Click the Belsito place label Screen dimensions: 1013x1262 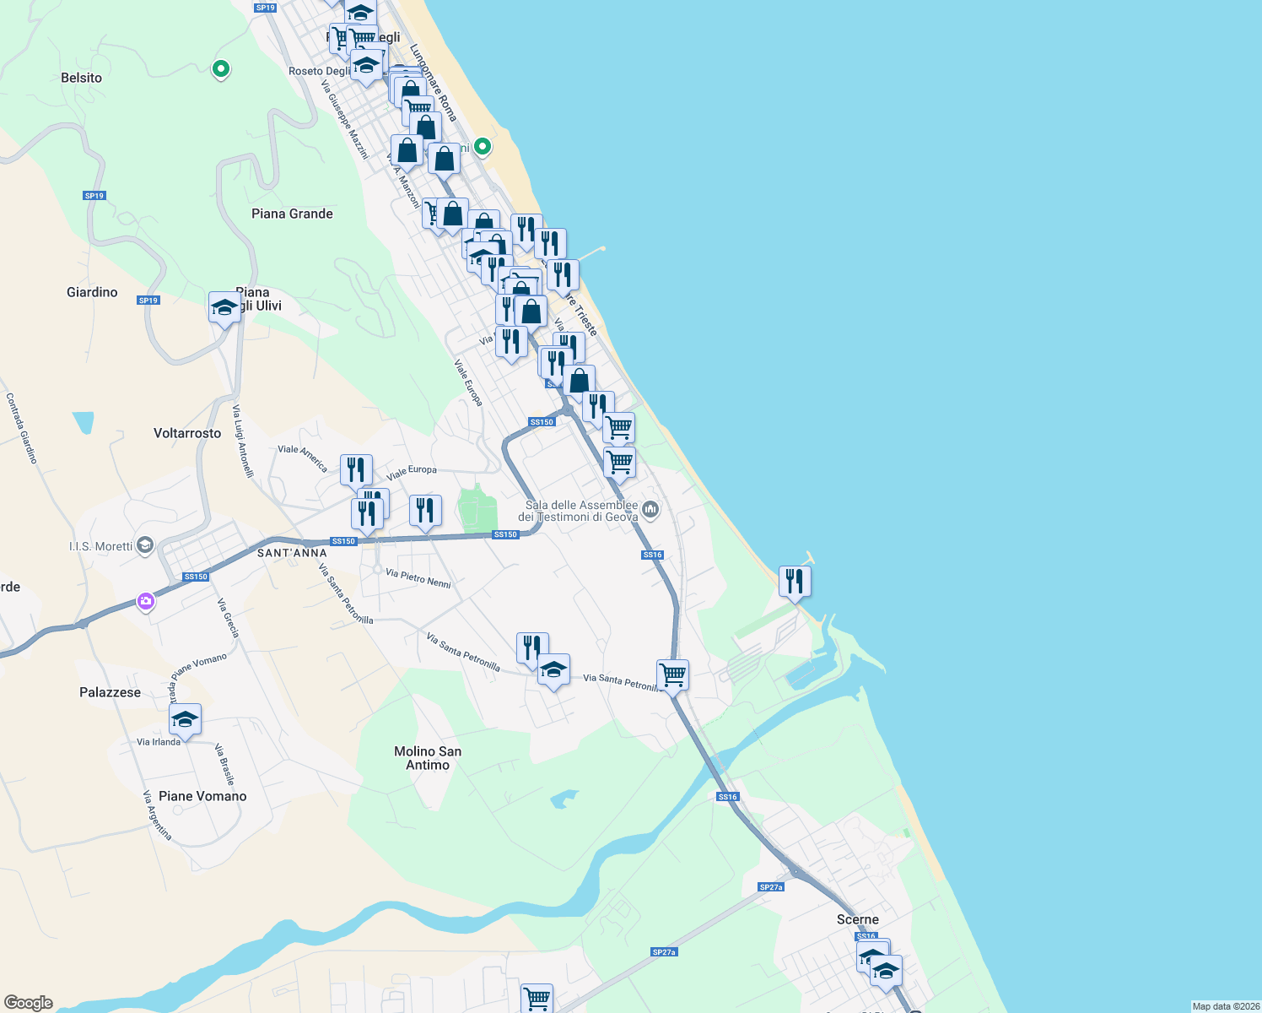click(82, 78)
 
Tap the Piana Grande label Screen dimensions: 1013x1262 click(292, 214)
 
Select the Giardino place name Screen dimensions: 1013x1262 click(92, 292)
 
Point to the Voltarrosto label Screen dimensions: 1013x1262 click(187, 433)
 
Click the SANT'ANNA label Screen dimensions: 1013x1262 click(292, 553)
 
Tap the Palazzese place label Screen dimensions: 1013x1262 click(111, 692)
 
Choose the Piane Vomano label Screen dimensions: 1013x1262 click(202, 796)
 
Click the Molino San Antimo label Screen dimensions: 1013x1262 click(428, 758)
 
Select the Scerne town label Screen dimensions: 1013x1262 click(858, 919)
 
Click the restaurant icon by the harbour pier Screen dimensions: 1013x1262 click(795, 582)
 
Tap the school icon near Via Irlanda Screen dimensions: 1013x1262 click(185, 719)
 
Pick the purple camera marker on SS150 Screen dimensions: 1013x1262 click(147, 601)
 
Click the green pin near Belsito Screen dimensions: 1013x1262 click(221, 68)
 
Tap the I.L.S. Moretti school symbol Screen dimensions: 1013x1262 click(145, 545)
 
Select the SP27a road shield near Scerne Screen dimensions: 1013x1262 click(771, 887)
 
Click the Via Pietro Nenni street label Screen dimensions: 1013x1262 click(418, 578)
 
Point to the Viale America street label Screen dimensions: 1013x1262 click(303, 458)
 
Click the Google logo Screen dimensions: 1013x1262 click(29, 1003)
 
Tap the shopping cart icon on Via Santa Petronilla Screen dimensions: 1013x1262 click(672, 674)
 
